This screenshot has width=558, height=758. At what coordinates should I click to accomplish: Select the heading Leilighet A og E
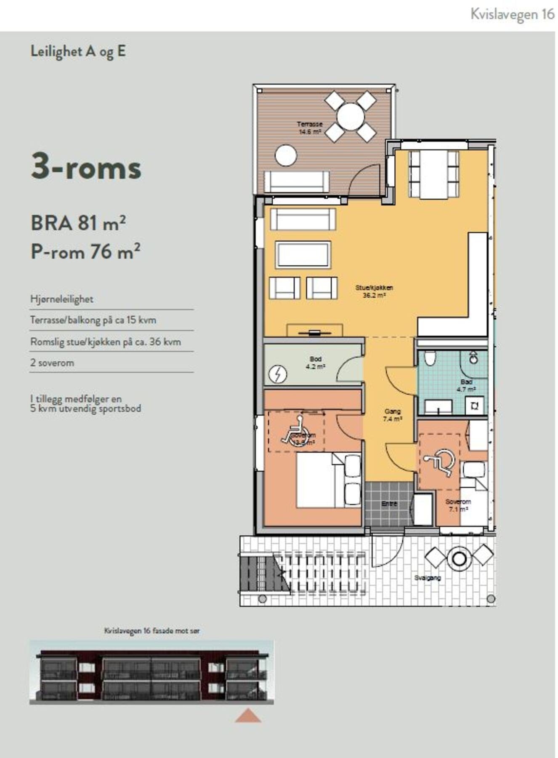pyautogui.click(x=78, y=51)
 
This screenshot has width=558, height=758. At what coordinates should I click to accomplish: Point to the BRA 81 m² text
pyautogui.click(x=78, y=223)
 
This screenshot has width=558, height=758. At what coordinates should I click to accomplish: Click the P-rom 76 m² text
pyautogui.click(x=85, y=252)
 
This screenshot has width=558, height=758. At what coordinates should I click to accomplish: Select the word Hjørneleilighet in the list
pyautogui.click(x=61, y=299)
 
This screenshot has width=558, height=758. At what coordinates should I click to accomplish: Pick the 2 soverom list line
pyautogui.click(x=52, y=363)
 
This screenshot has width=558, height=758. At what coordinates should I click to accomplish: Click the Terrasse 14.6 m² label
pyautogui.click(x=309, y=128)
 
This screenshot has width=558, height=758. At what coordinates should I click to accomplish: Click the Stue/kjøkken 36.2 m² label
pyautogui.click(x=374, y=291)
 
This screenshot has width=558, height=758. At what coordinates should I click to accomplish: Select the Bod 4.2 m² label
pyautogui.click(x=315, y=363)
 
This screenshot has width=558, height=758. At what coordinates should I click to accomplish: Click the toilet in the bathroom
pyautogui.click(x=430, y=358)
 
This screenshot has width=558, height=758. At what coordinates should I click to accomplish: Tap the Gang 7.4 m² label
pyautogui.click(x=392, y=415)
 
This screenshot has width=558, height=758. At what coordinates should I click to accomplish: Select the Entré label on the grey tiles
pyautogui.click(x=389, y=504)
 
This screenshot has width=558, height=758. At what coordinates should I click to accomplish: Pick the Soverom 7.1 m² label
pyautogui.click(x=458, y=505)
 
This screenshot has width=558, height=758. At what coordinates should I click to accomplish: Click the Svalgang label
pyautogui.click(x=427, y=578)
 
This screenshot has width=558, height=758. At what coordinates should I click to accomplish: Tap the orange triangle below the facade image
pyautogui.click(x=248, y=715)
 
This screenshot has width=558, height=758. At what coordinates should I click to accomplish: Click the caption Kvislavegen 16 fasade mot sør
pyautogui.click(x=151, y=631)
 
